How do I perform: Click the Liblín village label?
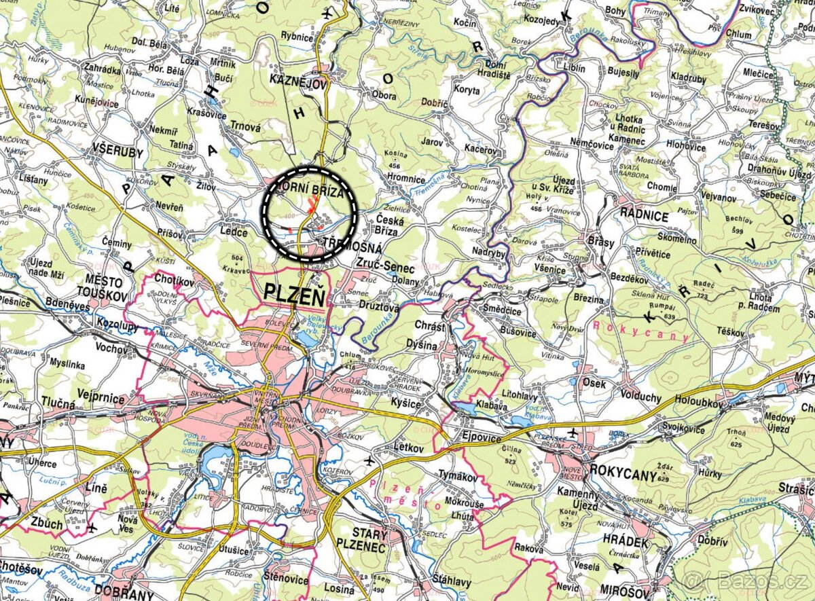coord(574,67)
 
